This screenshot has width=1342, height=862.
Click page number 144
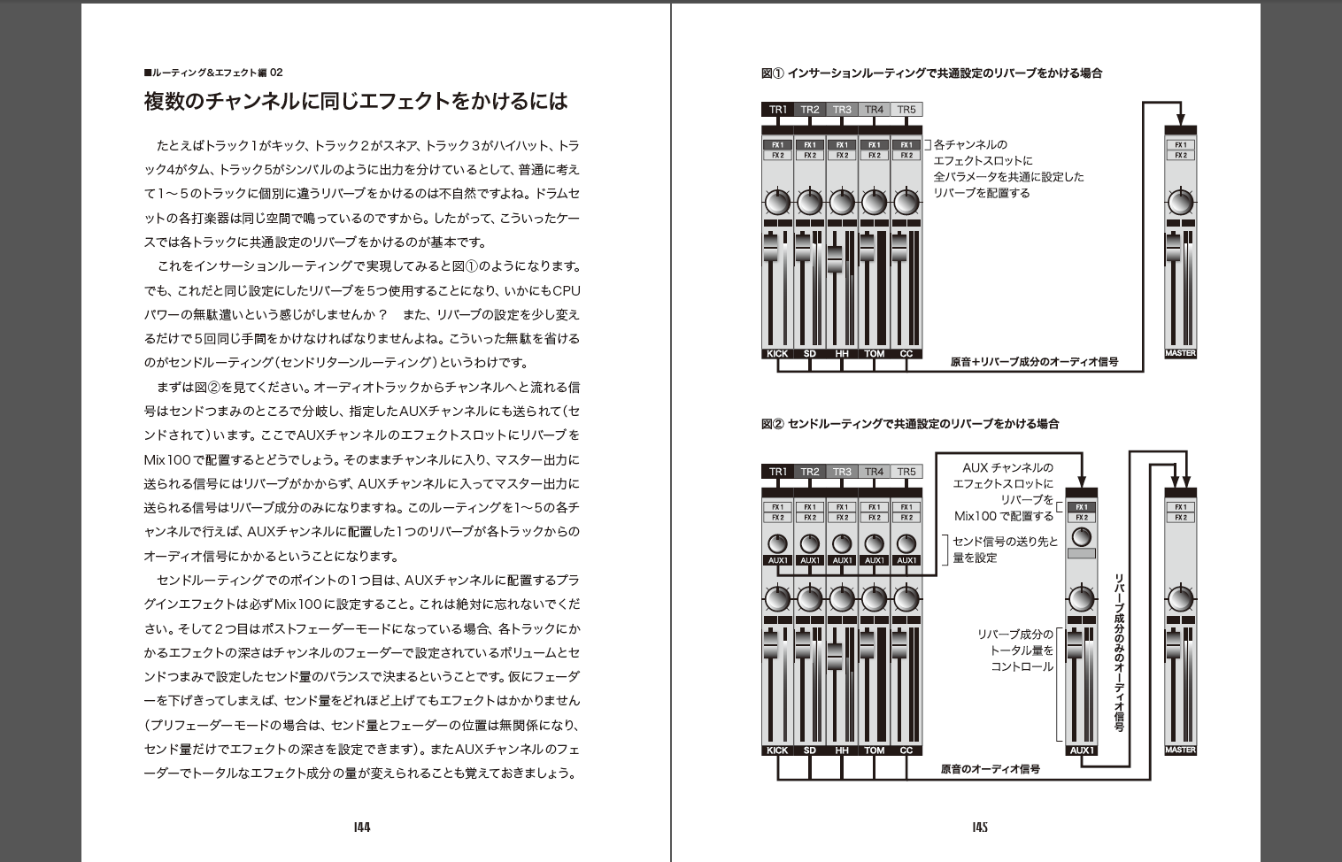pos(361,827)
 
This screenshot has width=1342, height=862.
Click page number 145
pos(979,827)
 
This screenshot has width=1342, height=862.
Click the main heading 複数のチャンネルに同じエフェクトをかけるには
pos(355,101)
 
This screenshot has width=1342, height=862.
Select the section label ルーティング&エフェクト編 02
pos(213,73)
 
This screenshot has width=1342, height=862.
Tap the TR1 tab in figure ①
pos(777,110)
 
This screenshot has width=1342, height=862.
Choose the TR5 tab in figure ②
pos(906,472)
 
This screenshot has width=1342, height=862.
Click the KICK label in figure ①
pos(777,353)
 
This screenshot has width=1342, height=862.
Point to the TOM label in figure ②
pos(874,750)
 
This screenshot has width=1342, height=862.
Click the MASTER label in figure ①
pos(1180,353)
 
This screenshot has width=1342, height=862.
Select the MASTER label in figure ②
pos(1180,750)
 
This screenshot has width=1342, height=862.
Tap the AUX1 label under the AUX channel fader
pos(1081,750)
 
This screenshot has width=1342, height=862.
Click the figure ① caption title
pos(931,73)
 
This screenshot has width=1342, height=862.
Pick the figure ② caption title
pos(910,424)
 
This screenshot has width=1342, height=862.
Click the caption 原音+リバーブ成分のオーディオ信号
pos(1034,361)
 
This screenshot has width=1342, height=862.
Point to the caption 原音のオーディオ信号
pos(990,769)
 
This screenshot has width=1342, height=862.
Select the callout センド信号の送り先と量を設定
pos(1004,550)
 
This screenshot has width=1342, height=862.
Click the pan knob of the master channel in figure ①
pos(1180,203)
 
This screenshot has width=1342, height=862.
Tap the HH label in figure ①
pos(842,353)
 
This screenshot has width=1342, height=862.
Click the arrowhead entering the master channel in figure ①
pos(1180,120)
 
